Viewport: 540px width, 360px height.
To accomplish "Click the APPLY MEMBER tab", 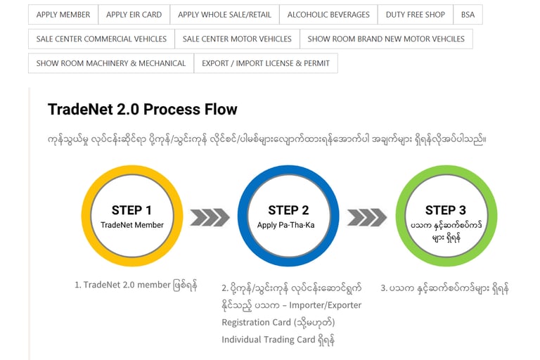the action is (63, 15).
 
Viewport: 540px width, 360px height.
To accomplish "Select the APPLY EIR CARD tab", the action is (134, 15).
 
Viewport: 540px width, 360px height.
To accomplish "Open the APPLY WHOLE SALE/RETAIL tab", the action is (224, 15).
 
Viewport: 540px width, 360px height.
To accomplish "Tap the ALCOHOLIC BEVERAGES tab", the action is (328, 15).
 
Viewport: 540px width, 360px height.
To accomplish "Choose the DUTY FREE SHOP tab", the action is (416, 15).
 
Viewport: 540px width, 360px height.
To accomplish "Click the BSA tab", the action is (468, 15).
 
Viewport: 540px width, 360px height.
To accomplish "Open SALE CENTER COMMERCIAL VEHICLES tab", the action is (101, 39).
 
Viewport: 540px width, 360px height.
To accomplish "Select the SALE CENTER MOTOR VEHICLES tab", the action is (237, 39).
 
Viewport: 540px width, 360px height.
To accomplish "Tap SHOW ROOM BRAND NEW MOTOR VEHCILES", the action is (386, 39).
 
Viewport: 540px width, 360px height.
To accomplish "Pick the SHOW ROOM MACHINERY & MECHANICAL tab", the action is (111, 63).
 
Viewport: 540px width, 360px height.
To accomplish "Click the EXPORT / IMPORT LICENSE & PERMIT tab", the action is (266, 63).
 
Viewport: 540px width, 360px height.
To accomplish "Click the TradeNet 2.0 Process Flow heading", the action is (143, 110).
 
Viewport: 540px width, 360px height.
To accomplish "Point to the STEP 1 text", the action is (131, 210).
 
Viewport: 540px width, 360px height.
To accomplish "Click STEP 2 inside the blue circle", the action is (288, 210).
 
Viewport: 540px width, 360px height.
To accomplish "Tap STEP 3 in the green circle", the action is (445, 210).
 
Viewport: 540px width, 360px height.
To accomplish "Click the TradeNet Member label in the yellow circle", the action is (132, 225).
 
